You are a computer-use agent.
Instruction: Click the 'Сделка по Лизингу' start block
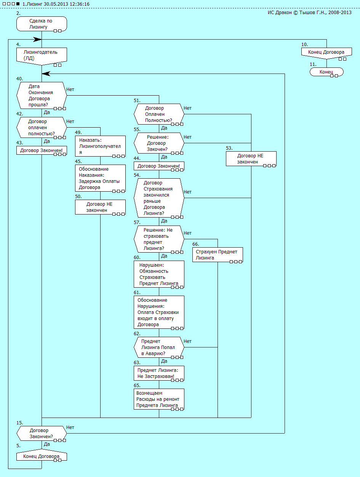coord(42,24)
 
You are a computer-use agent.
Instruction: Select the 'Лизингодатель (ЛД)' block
coord(42,55)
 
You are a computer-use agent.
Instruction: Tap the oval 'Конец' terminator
coord(326,72)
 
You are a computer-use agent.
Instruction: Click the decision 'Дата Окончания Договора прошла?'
coord(42,96)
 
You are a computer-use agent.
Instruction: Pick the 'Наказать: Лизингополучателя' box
coord(100,146)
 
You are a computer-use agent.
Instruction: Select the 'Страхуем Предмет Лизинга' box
coord(218,255)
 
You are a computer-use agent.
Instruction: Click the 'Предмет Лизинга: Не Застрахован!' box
coord(159,373)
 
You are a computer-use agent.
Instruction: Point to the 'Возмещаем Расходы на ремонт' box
coord(159,399)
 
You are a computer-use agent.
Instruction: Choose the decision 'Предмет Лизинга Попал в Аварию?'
coord(159,347)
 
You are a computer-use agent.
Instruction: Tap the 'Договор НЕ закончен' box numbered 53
coord(251,158)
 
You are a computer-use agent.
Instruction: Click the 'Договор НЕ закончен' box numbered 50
coord(100,207)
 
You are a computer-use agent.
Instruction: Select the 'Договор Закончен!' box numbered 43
coord(42,150)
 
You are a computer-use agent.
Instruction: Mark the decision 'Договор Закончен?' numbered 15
coord(42,434)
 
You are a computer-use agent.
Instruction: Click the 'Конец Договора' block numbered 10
coord(326,53)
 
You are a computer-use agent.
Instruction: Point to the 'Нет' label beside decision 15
coord(70,427)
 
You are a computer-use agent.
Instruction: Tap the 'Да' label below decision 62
coord(164,361)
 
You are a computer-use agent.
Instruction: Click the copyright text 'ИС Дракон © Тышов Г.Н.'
coord(310,13)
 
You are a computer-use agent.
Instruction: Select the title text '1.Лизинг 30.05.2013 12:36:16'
coord(56,4)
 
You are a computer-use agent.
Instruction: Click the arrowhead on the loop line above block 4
coord(37,39)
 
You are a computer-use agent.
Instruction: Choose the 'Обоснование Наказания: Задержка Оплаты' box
coord(100,178)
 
